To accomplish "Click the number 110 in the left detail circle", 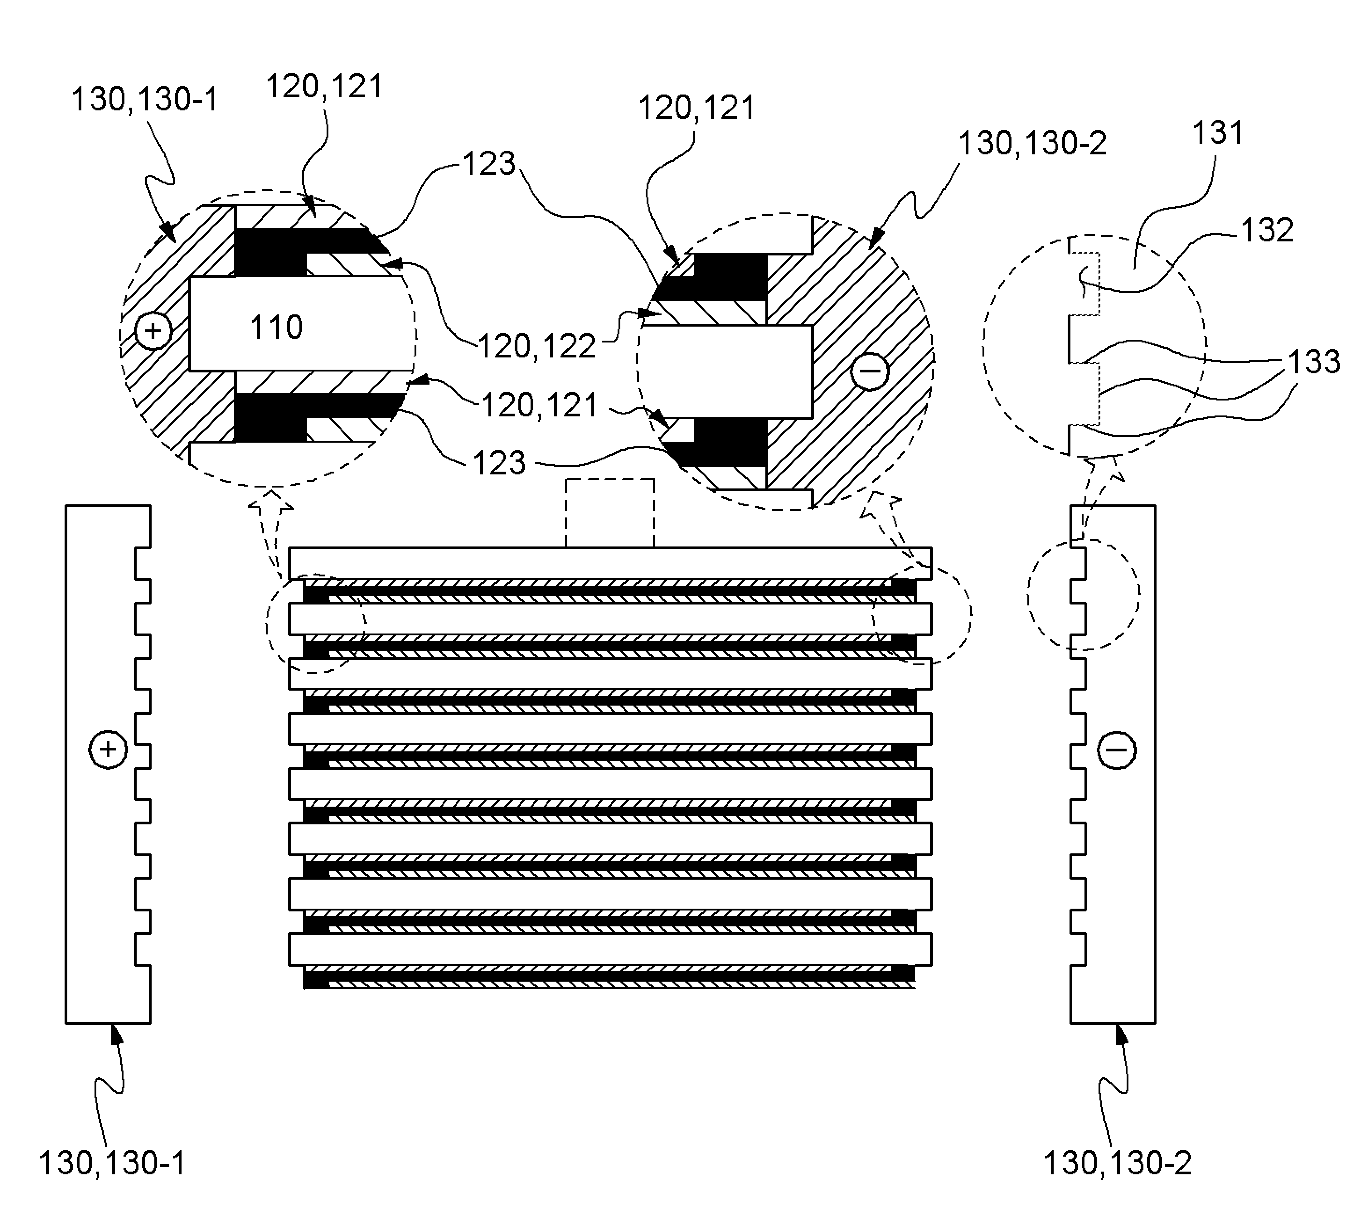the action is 276,327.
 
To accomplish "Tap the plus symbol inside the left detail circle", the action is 153,331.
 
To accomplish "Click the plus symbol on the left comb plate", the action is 108,749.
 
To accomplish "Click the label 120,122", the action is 537,346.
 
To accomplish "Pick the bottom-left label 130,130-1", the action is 112,1163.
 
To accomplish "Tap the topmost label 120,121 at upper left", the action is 325,86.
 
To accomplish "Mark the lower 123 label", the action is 499,463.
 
